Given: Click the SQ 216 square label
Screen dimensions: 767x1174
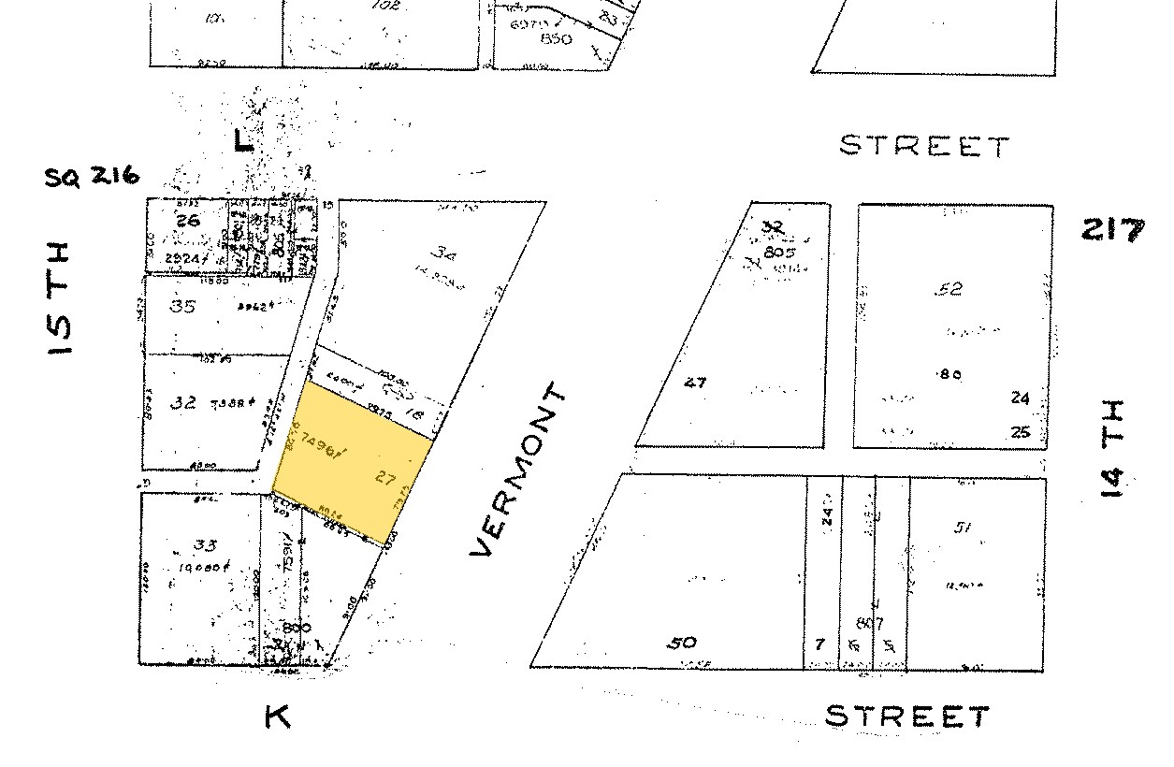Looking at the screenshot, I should click(x=93, y=176).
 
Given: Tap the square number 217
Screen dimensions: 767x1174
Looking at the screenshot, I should click(x=1112, y=229).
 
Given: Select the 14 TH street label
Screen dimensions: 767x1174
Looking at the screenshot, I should click(x=1112, y=448).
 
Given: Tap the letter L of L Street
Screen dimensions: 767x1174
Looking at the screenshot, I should click(x=242, y=142).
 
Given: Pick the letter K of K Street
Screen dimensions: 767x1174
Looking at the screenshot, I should click(x=278, y=717).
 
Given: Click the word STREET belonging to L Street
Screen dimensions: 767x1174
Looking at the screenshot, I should click(x=924, y=147).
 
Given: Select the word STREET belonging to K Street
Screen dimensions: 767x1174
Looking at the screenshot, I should click(x=906, y=717).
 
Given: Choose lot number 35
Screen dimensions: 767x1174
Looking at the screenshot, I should click(x=183, y=306).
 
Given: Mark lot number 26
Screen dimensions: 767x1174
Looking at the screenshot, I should click(x=187, y=222).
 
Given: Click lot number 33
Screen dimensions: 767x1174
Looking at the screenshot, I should click(x=184, y=546).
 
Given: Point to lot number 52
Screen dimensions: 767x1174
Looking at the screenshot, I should click(x=949, y=290).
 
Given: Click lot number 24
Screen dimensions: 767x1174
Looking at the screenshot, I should click(x=1020, y=398).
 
